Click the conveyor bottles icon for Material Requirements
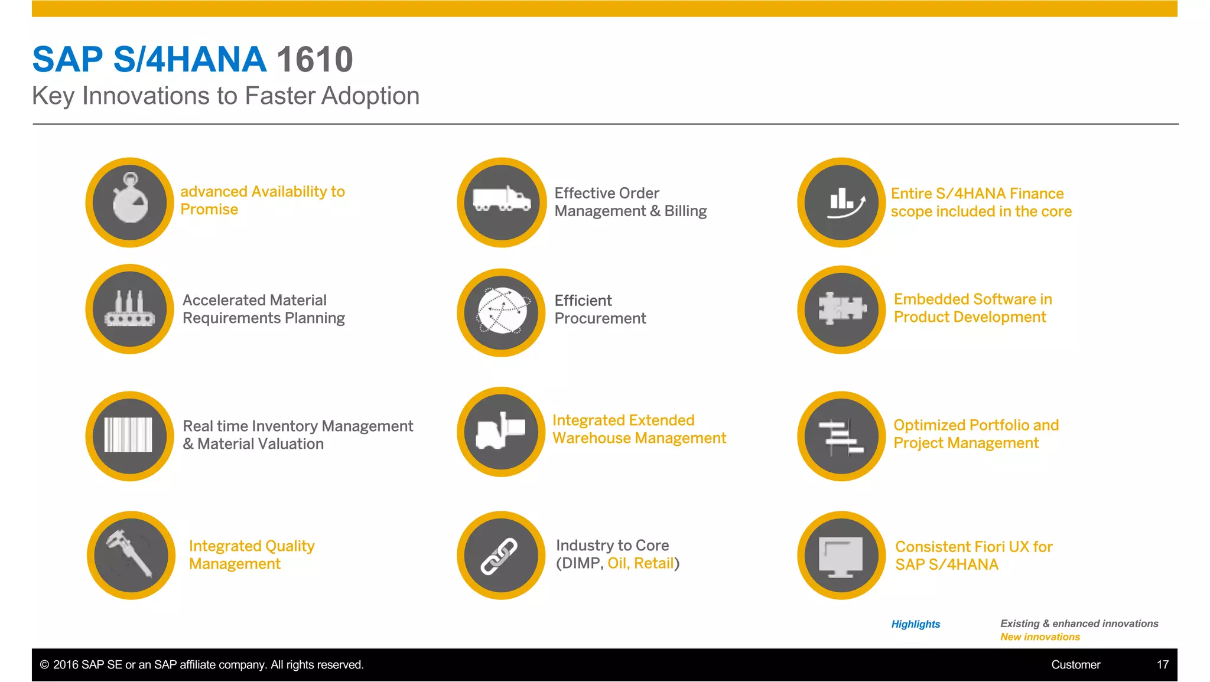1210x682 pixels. (130, 309)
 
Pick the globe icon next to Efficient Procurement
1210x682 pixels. (502, 311)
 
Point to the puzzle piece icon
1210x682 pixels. (841, 309)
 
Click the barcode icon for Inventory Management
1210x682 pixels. (129, 435)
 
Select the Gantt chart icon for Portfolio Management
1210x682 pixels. (841, 436)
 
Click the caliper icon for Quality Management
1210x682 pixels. (130, 554)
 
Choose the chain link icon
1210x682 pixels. (500, 556)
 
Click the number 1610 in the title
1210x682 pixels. (314, 60)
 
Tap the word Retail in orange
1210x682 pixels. (653, 563)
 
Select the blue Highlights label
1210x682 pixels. (915, 624)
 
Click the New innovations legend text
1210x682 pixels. (1040, 637)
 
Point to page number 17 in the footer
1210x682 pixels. (1162, 665)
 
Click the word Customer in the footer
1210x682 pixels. (1075, 665)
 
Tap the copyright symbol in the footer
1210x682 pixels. (44, 665)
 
